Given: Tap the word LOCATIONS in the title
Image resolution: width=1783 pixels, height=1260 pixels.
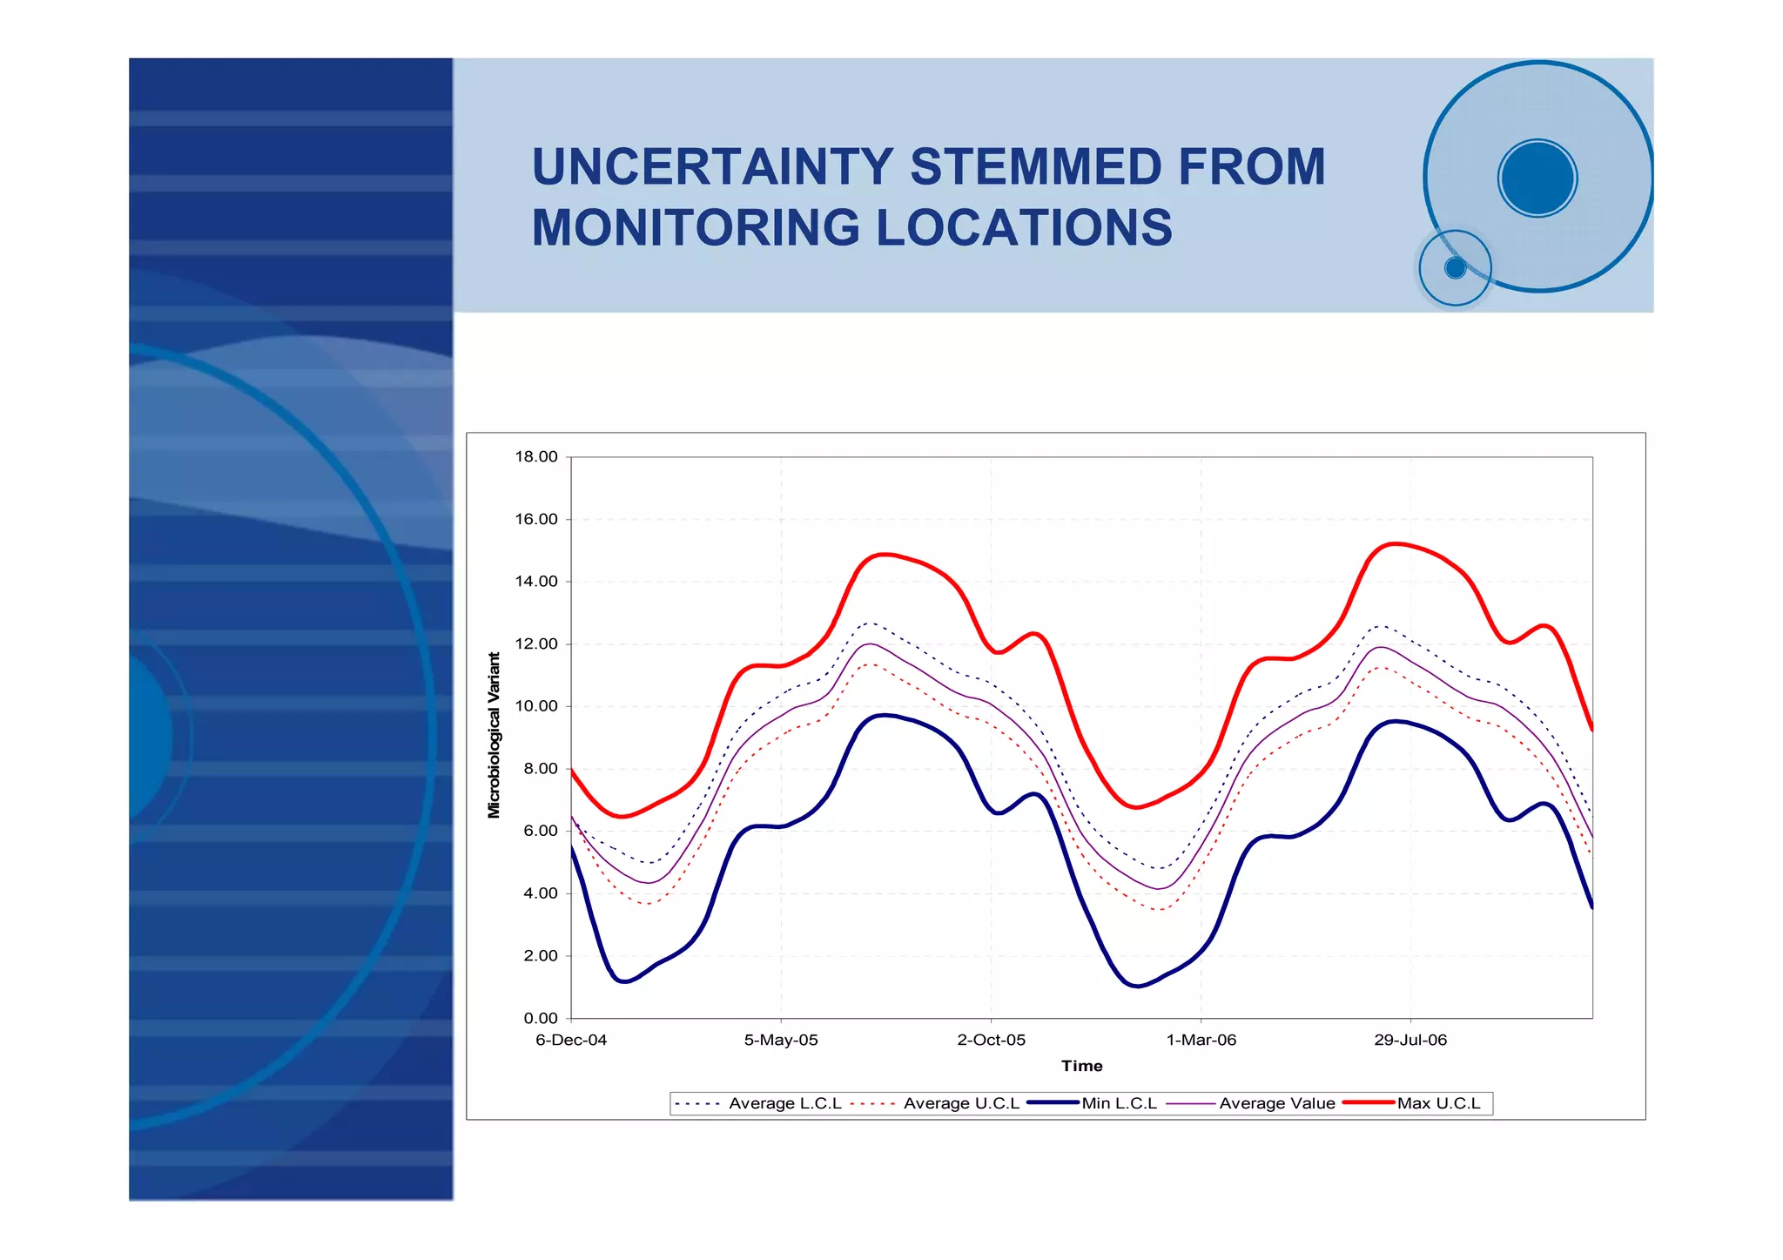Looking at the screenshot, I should pos(1024,228).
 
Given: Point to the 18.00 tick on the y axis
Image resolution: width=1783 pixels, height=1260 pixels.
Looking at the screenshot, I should pos(535,457).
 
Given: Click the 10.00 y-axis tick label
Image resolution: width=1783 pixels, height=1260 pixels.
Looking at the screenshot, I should pos(535,706).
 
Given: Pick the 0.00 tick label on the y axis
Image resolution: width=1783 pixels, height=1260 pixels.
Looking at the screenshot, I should pos(540,1018).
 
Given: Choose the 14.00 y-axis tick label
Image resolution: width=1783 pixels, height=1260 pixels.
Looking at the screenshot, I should pos(535,582).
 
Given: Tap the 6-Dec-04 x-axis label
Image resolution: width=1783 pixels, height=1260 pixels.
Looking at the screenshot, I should pos(571,1041).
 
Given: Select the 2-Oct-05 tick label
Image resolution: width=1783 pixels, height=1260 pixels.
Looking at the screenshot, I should pos(991,1041).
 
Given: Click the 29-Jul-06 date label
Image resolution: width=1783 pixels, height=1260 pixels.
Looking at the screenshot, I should pos(1410,1041).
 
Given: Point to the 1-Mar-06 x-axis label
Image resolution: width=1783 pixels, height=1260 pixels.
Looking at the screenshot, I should pos(1201,1041).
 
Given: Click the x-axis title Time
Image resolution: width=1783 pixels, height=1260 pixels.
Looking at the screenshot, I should pos(1081,1067).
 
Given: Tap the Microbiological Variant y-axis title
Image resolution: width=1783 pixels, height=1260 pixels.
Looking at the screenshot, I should pos(495,736).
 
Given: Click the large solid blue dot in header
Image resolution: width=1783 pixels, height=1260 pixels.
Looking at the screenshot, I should pos(1537,178).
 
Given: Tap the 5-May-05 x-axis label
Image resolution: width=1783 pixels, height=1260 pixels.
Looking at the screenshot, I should pos(781,1041).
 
